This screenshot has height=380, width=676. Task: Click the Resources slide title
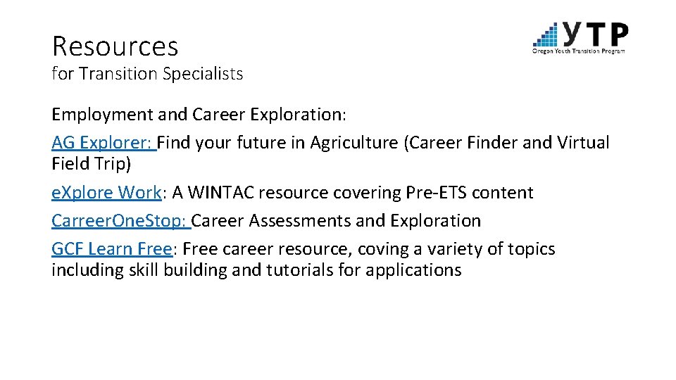pos(115,46)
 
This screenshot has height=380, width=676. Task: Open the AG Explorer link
pos(103,143)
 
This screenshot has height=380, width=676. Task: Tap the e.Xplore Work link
pos(106,192)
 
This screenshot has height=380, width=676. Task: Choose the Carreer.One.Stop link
pos(119,220)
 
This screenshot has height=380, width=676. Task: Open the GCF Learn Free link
pos(111,248)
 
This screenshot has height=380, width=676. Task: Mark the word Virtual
pos(583,143)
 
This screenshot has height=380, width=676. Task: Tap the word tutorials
pos(299,270)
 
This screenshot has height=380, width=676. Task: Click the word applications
pos(413,270)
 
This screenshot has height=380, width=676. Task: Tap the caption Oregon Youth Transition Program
pos(579,51)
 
